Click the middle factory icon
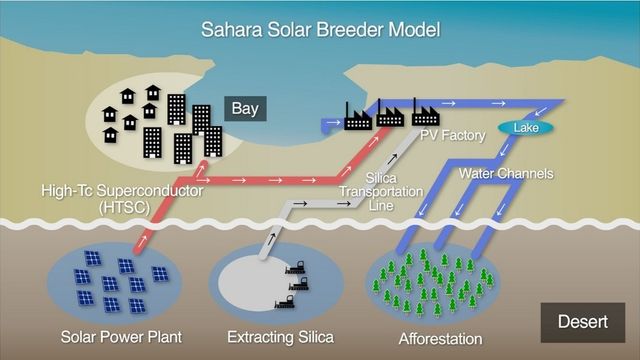click(390, 117)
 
